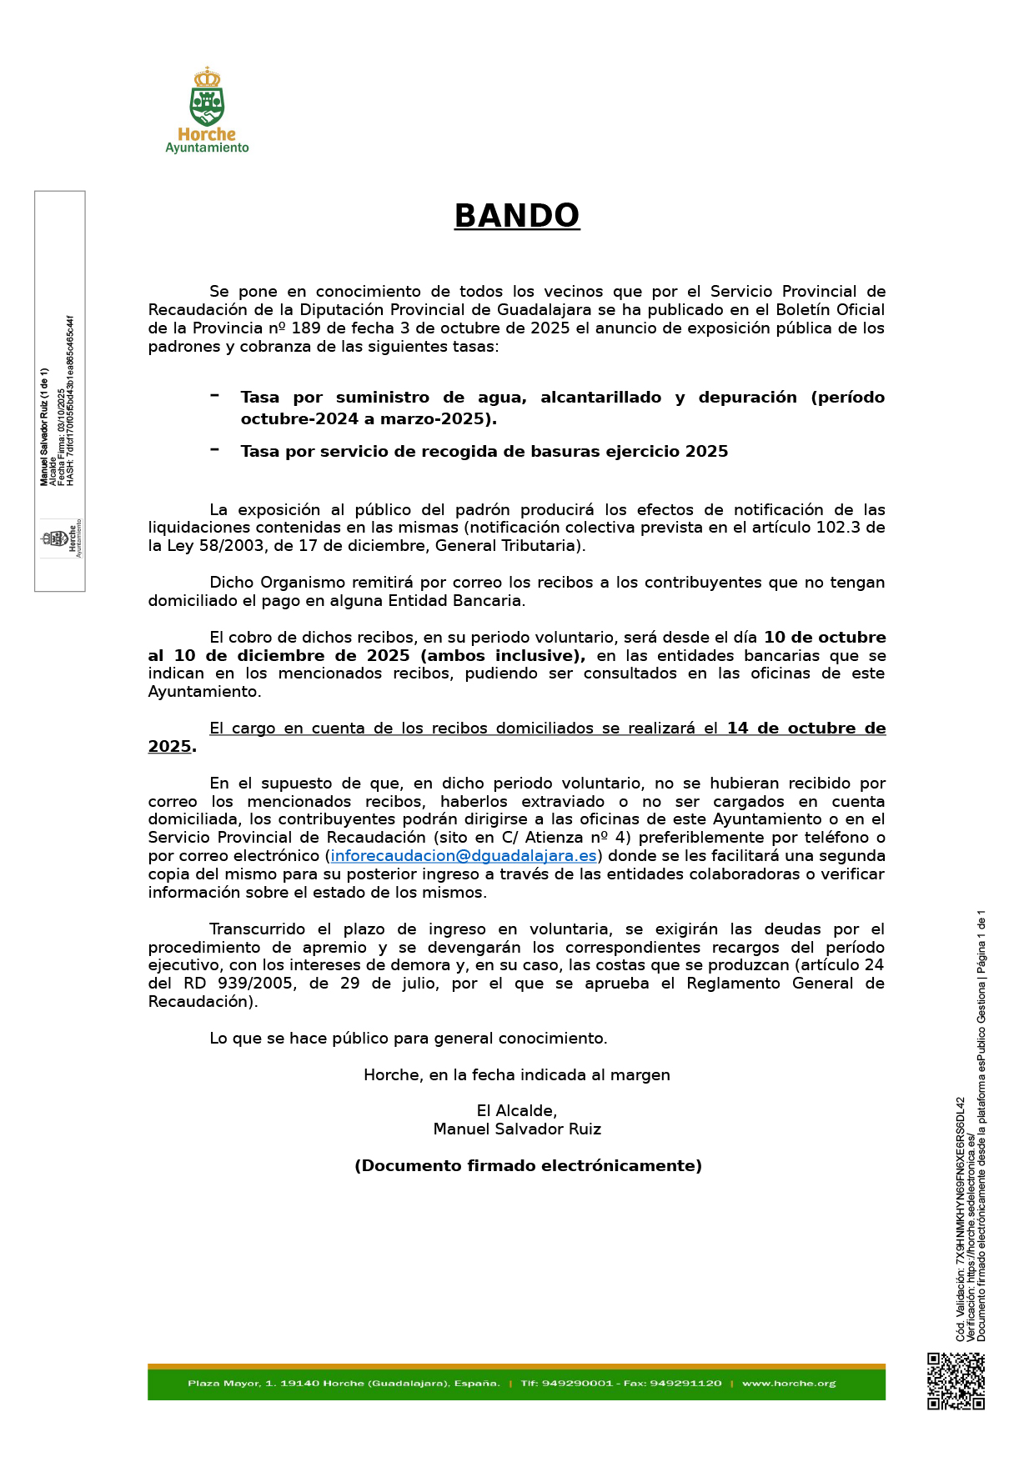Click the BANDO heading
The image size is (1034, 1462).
516,216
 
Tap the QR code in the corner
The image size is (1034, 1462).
956,1380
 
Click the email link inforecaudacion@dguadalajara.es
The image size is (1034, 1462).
464,856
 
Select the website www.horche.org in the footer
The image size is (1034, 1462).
788,1384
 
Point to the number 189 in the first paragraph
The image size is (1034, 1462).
305,328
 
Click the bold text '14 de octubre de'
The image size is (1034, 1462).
806,728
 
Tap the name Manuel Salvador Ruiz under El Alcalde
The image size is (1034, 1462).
517,1129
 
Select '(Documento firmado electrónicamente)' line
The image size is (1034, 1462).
528,1166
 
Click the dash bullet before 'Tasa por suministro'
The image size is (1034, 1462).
215,395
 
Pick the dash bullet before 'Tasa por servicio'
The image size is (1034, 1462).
215,449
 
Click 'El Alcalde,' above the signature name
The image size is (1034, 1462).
517,1111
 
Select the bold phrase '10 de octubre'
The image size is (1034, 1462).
824,638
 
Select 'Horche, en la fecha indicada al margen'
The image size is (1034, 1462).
517,1075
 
